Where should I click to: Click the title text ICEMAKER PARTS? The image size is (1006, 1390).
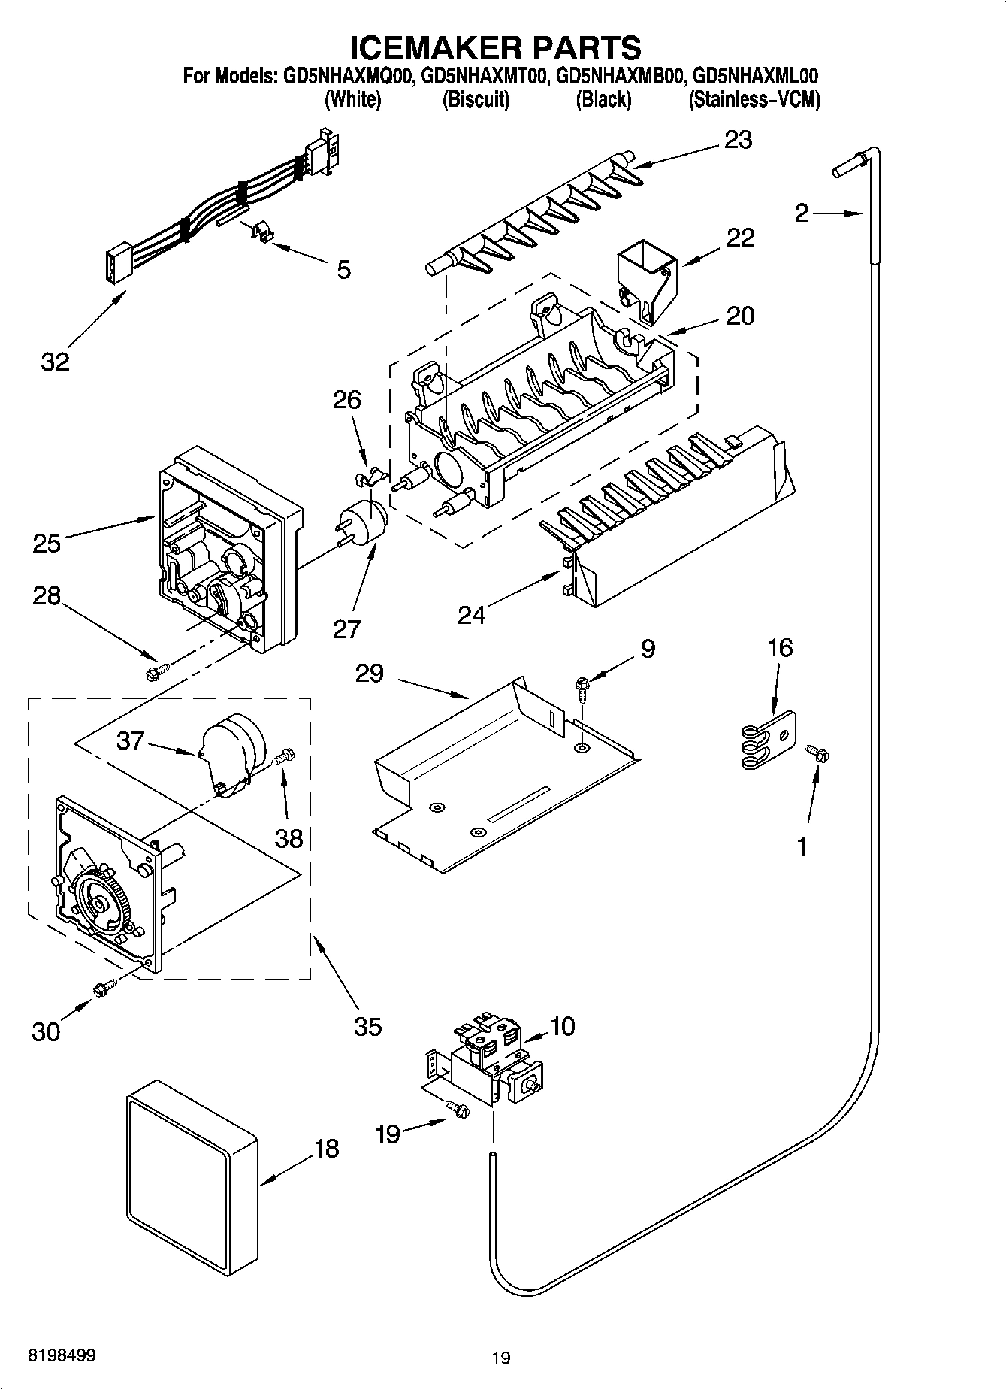point(497,48)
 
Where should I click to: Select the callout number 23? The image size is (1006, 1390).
point(738,140)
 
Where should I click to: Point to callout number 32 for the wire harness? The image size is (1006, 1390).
point(55,361)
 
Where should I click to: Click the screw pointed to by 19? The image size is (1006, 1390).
point(457,1107)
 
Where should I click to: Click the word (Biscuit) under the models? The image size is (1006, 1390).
point(476,99)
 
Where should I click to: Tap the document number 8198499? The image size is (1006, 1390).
point(62,1355)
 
